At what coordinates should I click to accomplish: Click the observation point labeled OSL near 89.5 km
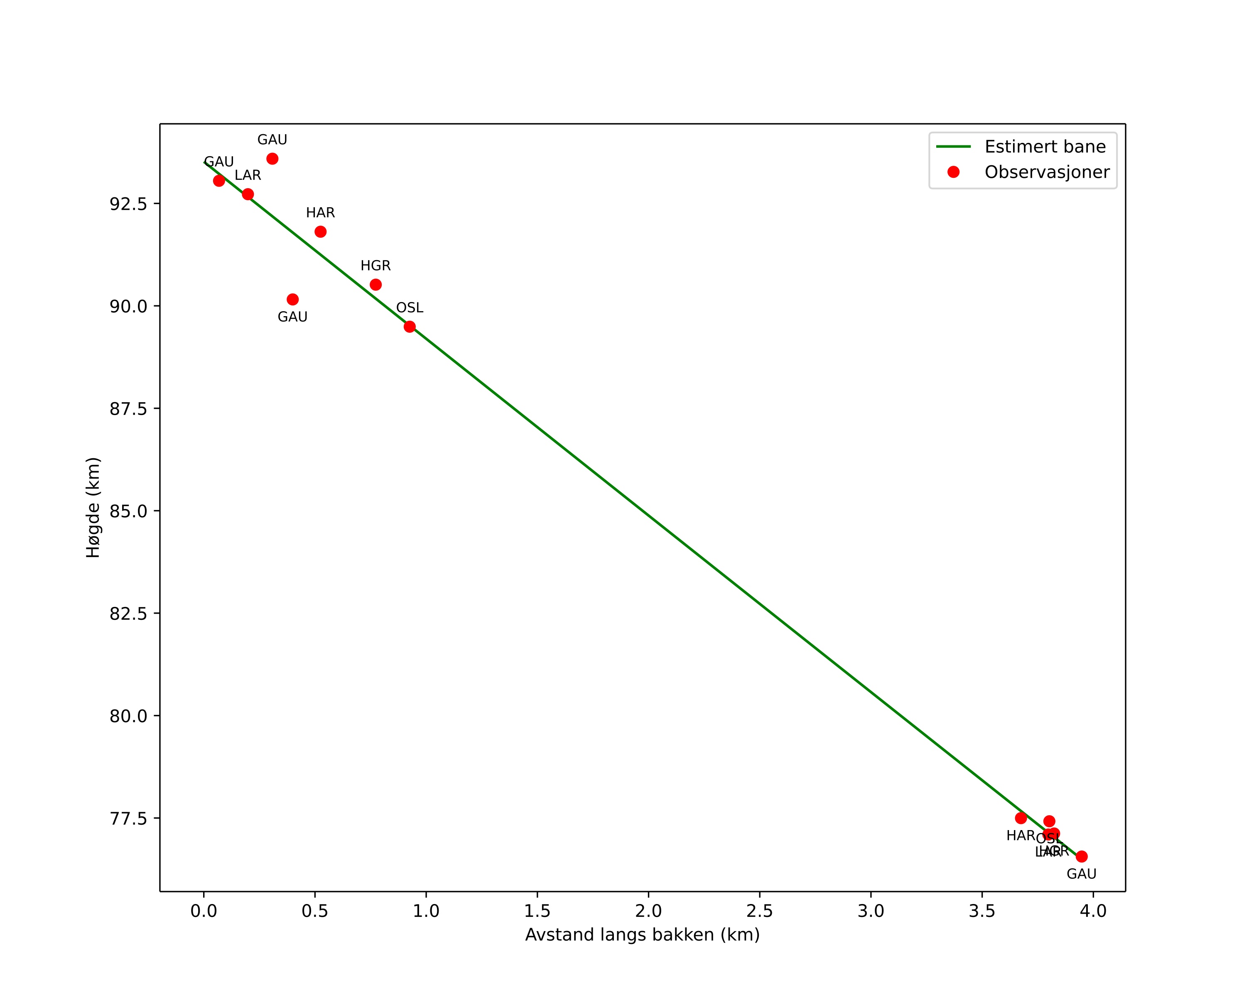[x=410, y=326]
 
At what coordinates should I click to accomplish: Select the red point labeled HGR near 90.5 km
[x=376, y=285]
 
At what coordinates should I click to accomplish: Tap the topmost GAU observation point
[x=272, y=159]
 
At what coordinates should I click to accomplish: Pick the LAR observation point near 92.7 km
[x=248, y=194]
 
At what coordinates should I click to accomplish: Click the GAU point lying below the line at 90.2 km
[x=292, y=300]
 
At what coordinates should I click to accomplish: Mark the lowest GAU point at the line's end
[x=1081, y=857]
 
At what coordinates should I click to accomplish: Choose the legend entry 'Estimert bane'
[x=1045, y=147]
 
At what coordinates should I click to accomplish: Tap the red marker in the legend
[x=953, y=172]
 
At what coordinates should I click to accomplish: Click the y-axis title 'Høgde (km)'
[x=93, y=508]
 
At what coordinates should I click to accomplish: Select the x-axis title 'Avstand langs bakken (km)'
[x=642, y=935]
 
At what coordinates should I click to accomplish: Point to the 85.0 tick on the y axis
[x=128, y=511]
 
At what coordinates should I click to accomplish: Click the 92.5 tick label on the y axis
[x=128, y=204]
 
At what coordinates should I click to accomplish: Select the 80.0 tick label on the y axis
[x=128, y=716]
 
